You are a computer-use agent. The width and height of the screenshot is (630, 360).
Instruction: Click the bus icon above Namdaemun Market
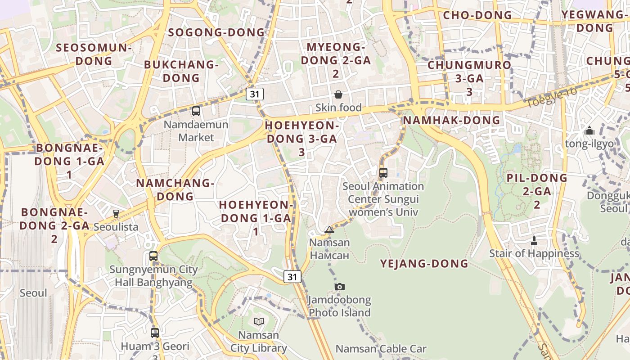click(x=196, y=111)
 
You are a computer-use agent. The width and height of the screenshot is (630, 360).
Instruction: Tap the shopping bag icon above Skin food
click(x=338, y=94)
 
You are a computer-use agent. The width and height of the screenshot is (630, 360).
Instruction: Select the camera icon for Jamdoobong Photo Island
click(x=340, y=287)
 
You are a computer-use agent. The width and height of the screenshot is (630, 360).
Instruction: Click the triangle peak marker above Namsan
click(x=329, y=230)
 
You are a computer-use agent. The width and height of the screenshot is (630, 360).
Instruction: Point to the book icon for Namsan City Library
click(x=259, y=321)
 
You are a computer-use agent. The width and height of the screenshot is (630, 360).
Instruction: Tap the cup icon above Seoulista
click(x=116, y=213)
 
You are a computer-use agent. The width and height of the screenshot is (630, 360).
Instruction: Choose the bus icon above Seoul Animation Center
click(x=383, y=172)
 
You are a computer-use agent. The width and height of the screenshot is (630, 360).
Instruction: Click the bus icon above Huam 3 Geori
click(x=155, y=333)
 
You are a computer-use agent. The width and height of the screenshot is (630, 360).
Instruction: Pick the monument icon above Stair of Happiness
click(x=534, y=241)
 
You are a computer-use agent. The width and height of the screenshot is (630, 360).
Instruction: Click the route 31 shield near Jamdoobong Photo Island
click(x=292, y=277)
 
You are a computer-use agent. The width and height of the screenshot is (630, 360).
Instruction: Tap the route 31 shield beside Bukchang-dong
click(x=255, y=94)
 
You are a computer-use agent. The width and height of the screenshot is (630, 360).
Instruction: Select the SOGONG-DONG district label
click(x=216, y=32)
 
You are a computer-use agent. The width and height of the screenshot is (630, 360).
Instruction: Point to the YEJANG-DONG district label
click(x=424, y=264)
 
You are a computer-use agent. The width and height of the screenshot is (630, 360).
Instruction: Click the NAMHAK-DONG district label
click(x=451, y=120)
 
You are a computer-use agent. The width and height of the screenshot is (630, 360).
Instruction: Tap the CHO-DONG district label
click(x=478, y=15)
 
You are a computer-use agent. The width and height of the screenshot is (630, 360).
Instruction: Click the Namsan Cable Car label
click(x=381, y=349)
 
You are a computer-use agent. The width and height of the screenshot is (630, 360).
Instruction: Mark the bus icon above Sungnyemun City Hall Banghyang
click(x=153, y=256)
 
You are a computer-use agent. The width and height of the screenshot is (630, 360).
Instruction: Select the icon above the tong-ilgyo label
click(x=589, y=131)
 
